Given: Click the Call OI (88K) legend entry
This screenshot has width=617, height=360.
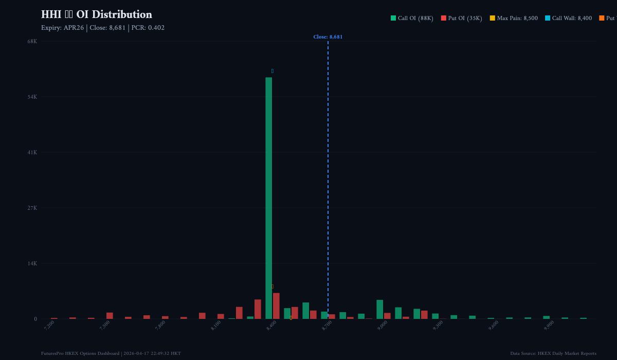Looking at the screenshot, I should point(412,19).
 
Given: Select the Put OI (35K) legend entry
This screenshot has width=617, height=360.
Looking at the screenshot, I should point(462,19).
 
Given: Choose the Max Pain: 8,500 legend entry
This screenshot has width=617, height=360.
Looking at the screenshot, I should point(514,19).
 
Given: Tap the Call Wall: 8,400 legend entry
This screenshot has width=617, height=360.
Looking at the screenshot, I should point(568,19).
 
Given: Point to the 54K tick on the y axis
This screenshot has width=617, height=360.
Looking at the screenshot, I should point(32,97).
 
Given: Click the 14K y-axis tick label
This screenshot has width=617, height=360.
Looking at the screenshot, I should point(32,263).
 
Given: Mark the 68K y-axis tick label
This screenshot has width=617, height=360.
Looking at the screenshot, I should point(32,41).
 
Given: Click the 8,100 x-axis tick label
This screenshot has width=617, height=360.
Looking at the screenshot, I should point(216,326).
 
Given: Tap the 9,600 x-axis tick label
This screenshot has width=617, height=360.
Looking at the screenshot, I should point(494,326).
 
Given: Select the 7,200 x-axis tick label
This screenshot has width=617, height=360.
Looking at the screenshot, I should point(49,326).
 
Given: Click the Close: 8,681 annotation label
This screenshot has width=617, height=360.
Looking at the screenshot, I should point(328,37).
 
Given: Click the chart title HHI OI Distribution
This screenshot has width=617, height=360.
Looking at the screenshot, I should point(97,14).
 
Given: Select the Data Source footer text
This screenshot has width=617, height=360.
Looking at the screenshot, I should point(553,353).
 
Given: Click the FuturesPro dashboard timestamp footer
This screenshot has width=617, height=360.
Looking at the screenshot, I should point(111,353).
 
